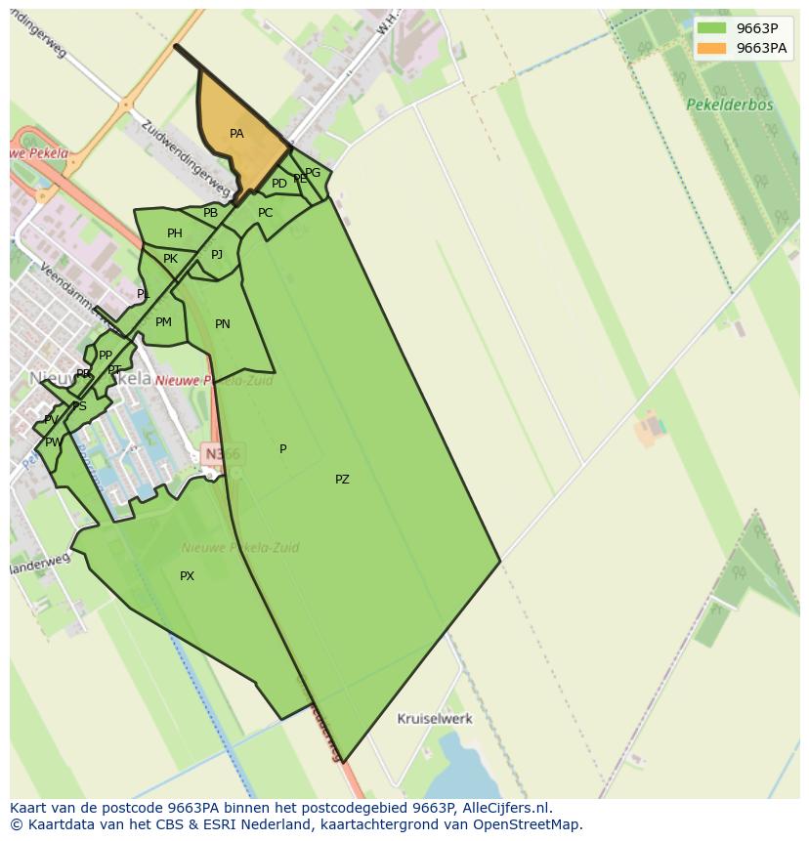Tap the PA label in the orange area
(236, 134)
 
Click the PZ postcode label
(342, 480)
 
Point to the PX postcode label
(187, 576)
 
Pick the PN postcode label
(223, 324)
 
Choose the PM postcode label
(163, 322)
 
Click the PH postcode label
(175, 233)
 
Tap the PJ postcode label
(217, 255)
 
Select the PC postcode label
(266, 213)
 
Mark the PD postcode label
(279, 184)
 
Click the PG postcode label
(313, 173)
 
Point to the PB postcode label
(210, 213)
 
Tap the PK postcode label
(170, 259)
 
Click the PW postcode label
(53, 442)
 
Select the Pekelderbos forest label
(729, 105)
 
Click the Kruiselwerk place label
(435, 719)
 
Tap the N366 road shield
(222, 453)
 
